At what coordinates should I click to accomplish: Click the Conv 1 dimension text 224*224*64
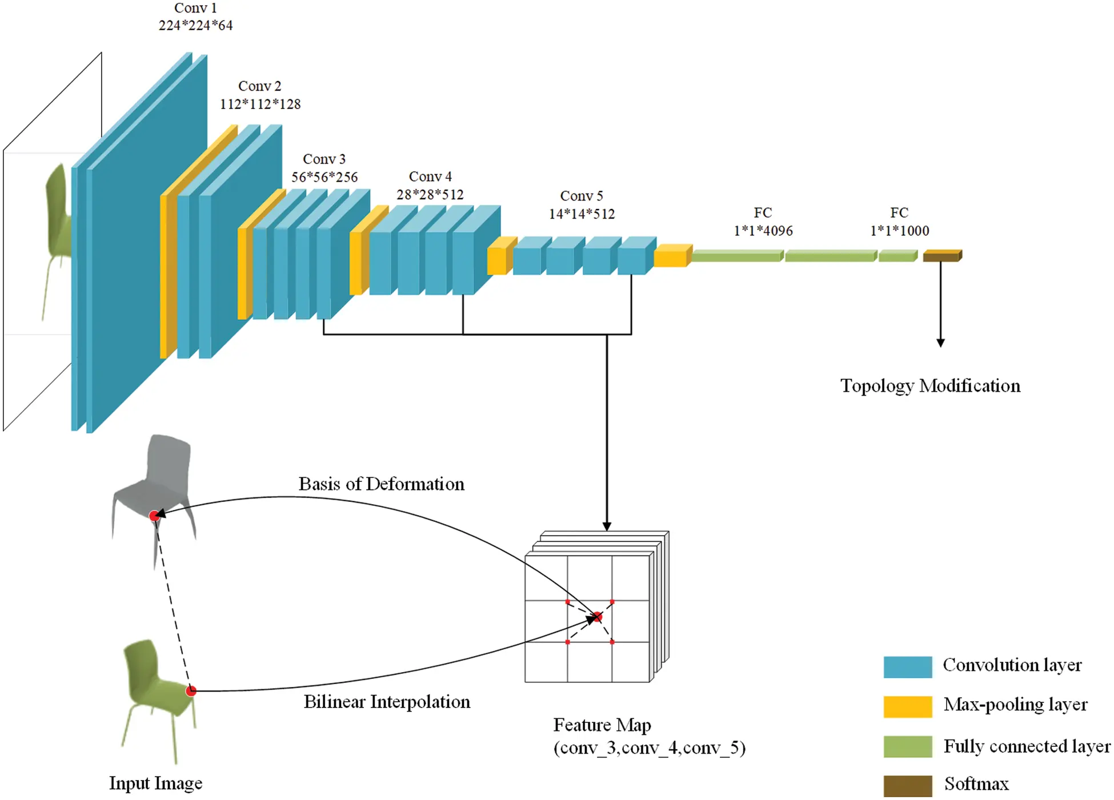pyautogui.click(x=195, y=26)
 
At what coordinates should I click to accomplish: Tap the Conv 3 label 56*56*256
pyautogui.click(x=324, y=177)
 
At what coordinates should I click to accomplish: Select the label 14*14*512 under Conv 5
pyautogui.click(x=582, y=214)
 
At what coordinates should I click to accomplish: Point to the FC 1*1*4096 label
pyautogui.click(x=763, y=231)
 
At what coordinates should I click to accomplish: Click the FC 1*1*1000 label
pyautogui.click(x=899, y=231)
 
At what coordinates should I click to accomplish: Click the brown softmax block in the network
pyautogui.click(x=941, y=256)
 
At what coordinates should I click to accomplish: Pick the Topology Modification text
pyautogui.click(x=930, y=386)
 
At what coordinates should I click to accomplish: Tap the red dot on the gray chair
pyautogui.click(x=154, y=516)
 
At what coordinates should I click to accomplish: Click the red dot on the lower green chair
pyautogui.click(x=191, y=691)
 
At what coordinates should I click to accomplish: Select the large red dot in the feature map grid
pyautogui.click(x=598, y=617)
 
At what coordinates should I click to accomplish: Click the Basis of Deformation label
pyautogui.click(x=381, y=484)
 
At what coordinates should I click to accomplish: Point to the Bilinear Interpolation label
pyautogui.click(x=387, y=702)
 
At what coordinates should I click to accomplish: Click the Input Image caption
pyautogui.click(x=155, y=783)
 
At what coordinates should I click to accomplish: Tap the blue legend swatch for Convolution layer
pyautogui.click(x=907, y=667)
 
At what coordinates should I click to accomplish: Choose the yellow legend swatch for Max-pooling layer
pyautogui.click(x=907, y=706)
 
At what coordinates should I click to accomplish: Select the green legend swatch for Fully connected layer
pyautogui.click(x=907, y=746)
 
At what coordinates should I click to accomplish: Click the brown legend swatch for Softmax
pyautogui.click(x=907, y=786)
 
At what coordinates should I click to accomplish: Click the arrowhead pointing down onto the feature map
pyautogui.click(x=607, y=526)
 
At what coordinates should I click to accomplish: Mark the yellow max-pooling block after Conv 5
pyautogui.click(x=671, y=256)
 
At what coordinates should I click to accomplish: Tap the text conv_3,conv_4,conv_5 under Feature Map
pyautogui.click(x=650, y=748)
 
